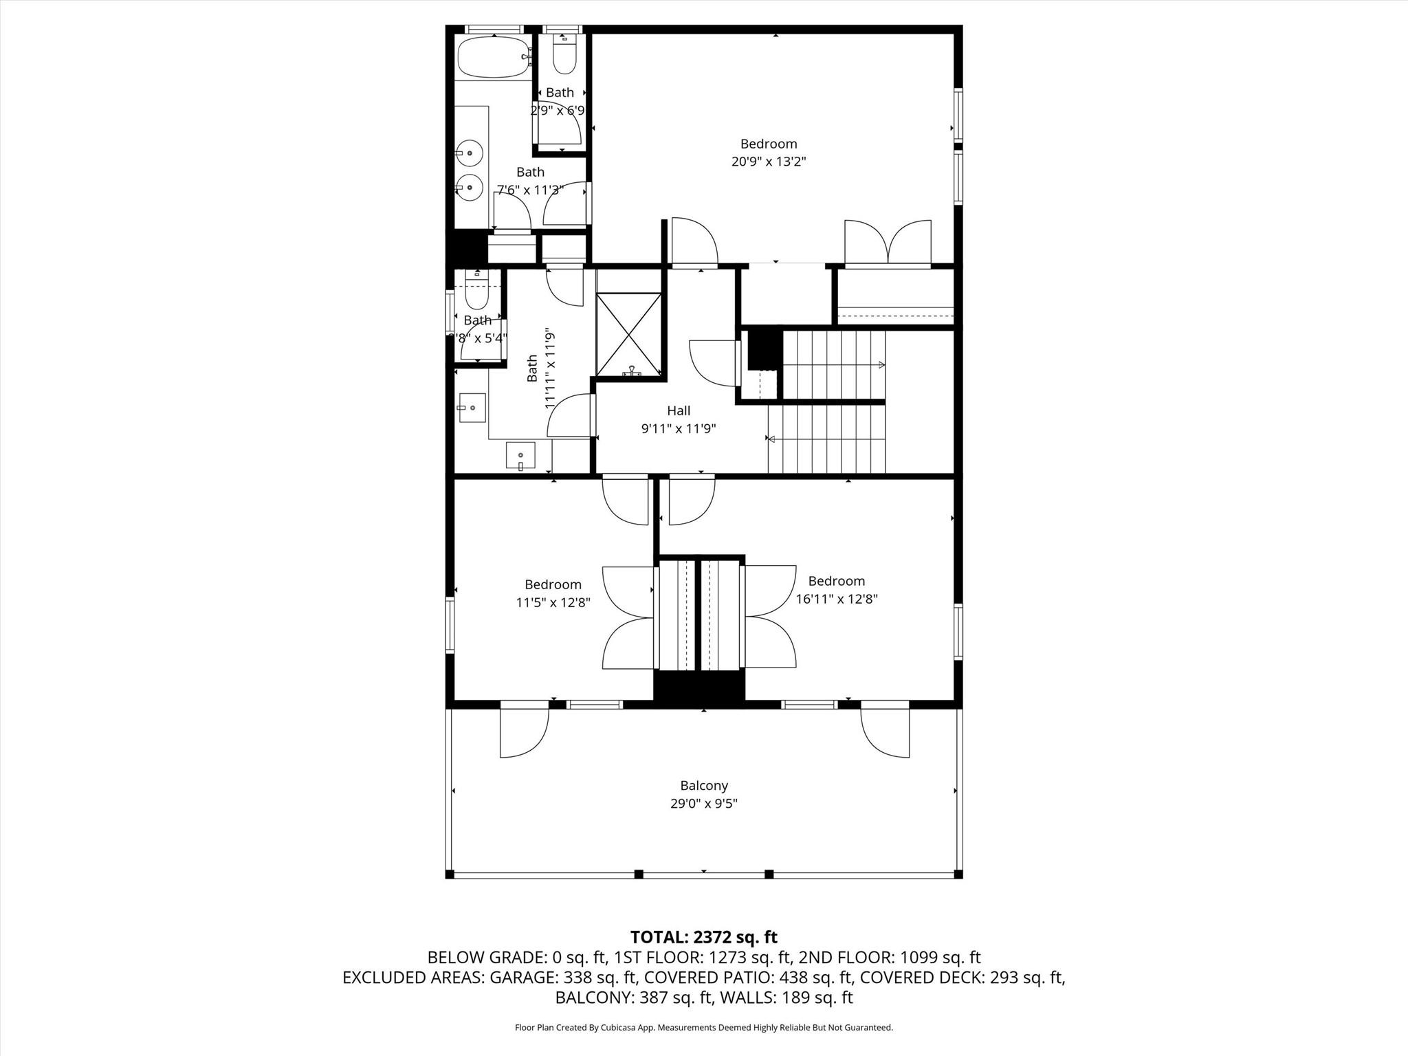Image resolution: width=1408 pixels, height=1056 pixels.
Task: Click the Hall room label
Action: [678, 410]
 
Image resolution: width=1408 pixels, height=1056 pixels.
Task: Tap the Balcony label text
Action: [703, 785]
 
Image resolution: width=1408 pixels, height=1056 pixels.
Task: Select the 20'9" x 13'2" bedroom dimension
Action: [768, 162]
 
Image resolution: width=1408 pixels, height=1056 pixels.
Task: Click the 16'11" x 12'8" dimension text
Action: [836, 599]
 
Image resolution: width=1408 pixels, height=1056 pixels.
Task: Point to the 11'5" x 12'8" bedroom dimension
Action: [553, 602]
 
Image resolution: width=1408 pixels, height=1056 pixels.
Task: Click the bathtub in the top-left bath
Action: [492, 57]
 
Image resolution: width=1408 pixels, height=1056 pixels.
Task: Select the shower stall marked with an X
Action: [628, 334]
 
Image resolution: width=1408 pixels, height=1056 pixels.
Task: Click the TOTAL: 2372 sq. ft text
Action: [703, 937]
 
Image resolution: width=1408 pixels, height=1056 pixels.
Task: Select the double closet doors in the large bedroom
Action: [888, 242]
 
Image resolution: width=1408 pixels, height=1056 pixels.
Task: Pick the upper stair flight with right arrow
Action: [833, 365]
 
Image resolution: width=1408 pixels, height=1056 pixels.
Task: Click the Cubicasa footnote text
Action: [703, 1028]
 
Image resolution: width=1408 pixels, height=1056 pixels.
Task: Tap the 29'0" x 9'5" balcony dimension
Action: [703, 803]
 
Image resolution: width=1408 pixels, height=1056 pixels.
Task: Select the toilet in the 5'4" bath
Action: [476, 292]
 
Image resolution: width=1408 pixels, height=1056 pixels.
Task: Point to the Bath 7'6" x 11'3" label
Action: [530, 181]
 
